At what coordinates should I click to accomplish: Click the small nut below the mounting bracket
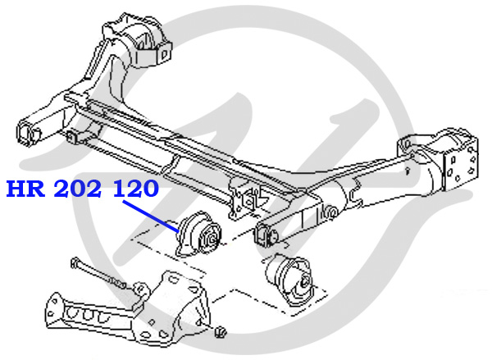pyautogui.click(x=221, y=332)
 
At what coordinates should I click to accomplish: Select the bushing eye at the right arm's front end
pyautogui.click(x=269, y=233)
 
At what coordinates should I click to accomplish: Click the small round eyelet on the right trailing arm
pyautogui.click(x=331, y=212)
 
